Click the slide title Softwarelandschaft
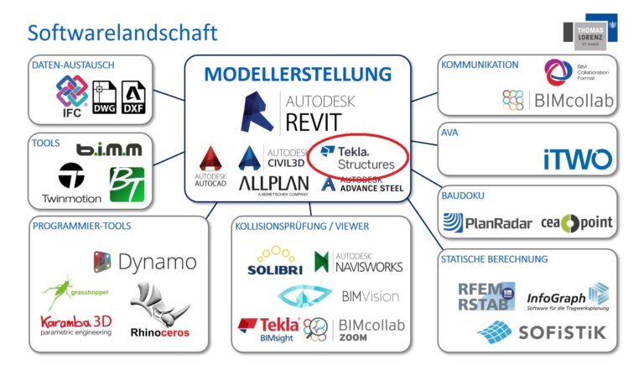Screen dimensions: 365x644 [x=122, y=33]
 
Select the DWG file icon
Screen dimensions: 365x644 [x=105, y=97]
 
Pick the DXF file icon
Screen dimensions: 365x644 [x=134, y=97]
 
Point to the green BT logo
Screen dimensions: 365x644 [x=127, y=184]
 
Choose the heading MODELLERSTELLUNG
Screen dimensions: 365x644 [x=298, y=74]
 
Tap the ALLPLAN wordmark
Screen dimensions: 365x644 [x=271, y=184]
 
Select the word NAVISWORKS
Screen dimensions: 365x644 [x=368, y=267]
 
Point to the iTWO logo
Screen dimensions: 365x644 [x=577, y=159]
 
